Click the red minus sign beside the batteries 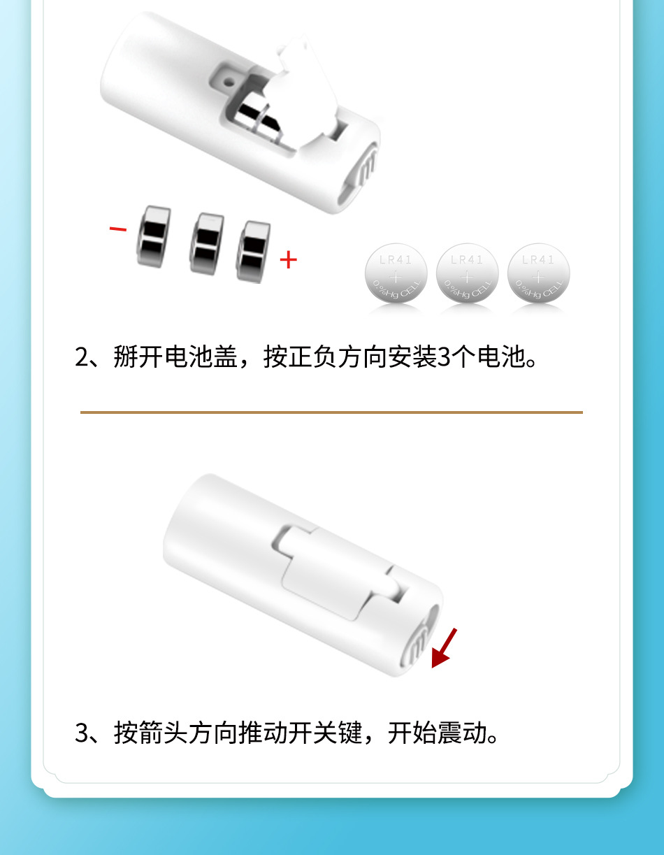118,229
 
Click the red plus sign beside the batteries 289,259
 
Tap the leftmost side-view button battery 154,236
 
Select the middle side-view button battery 206,243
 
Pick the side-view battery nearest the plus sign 253,252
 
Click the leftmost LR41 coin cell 396,273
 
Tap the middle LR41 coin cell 468,273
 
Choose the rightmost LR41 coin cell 538,273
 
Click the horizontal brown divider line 331,412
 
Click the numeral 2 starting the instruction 82,357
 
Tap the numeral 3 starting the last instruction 82,733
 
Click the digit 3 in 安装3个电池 444,357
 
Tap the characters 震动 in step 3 462,733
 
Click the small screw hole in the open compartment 228,82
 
